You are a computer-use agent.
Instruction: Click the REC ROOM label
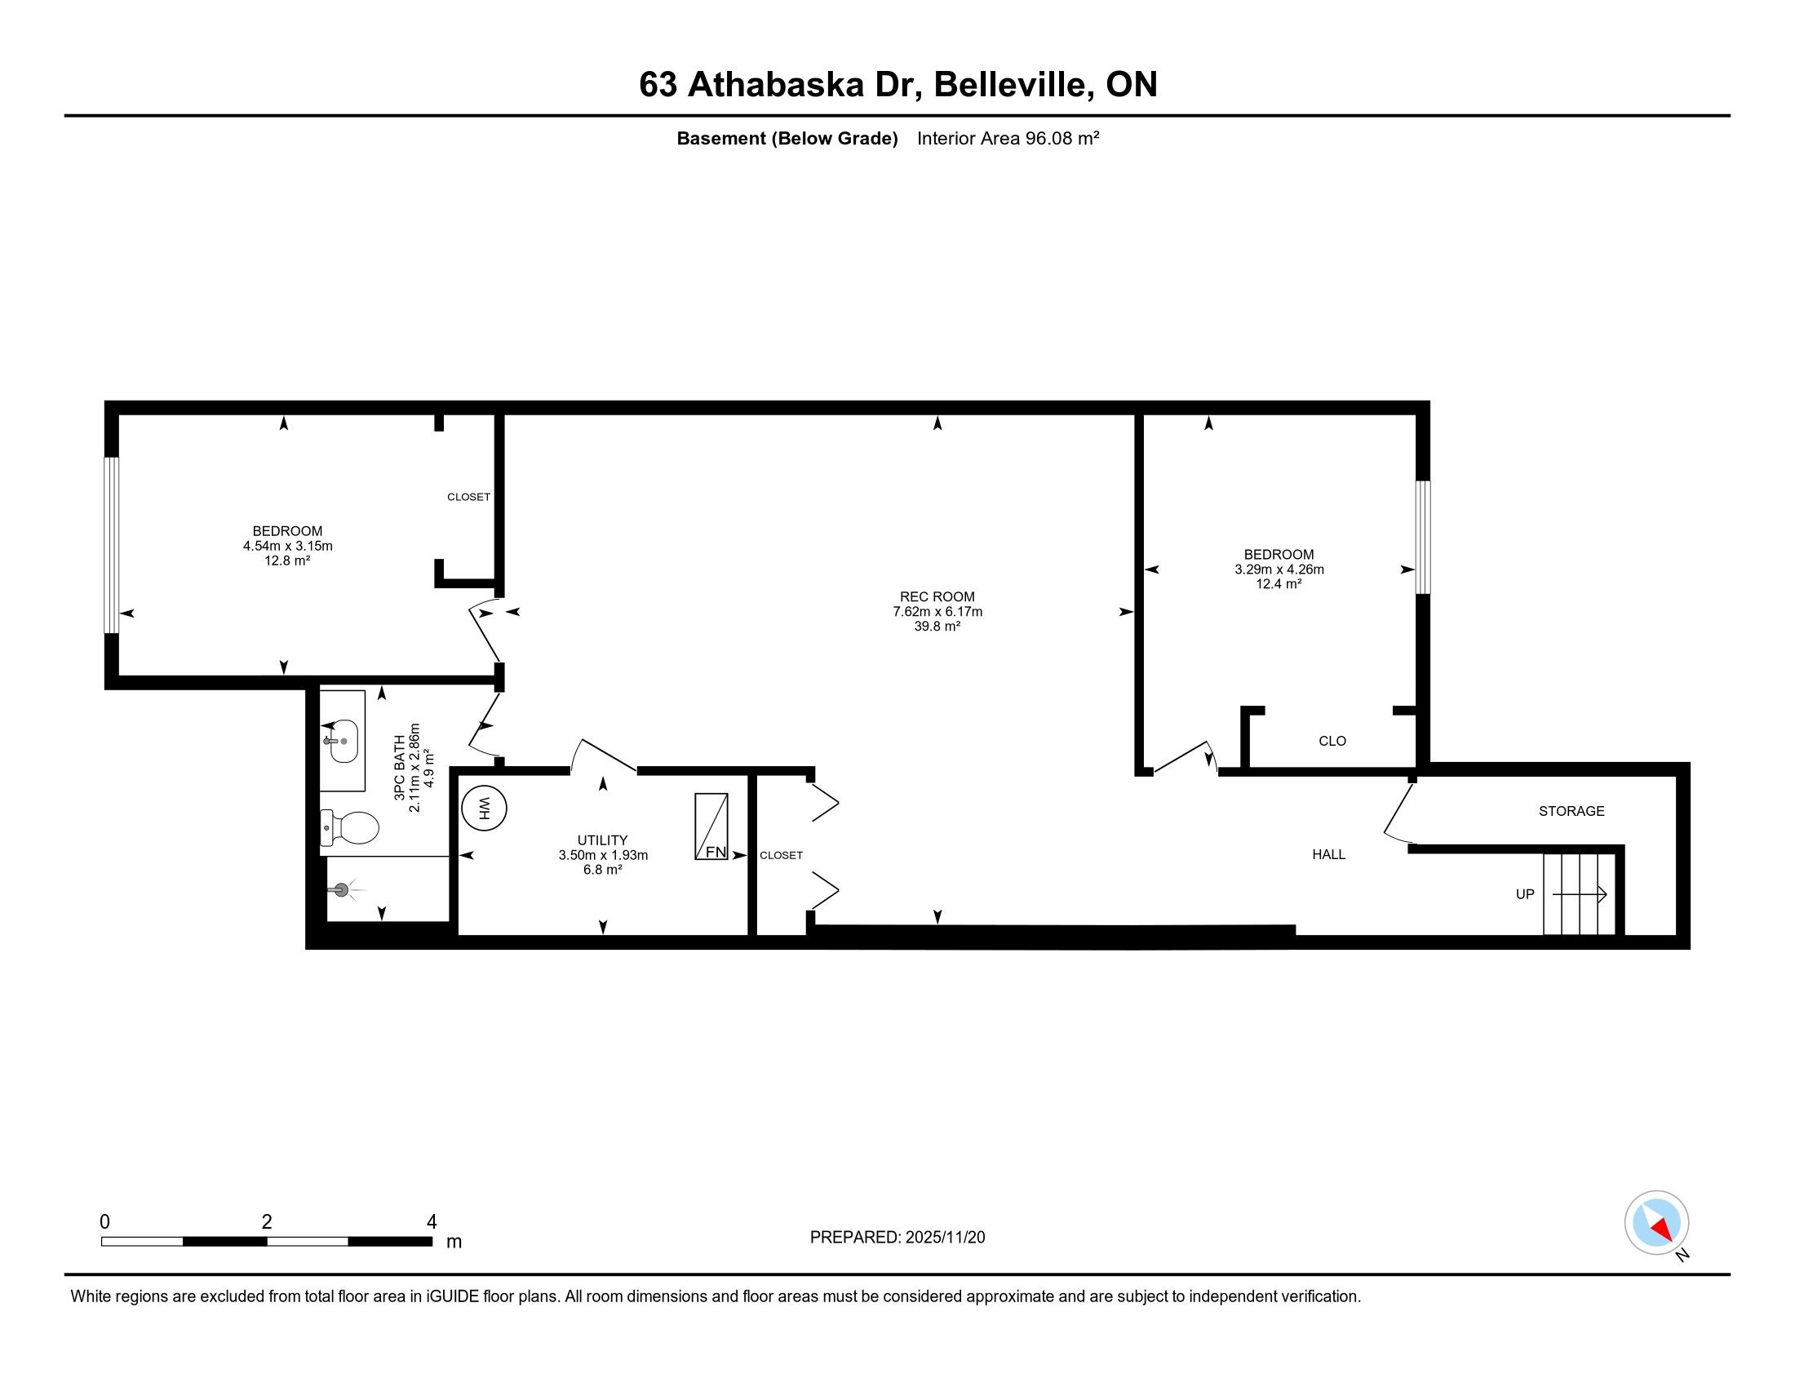tap(937, 596)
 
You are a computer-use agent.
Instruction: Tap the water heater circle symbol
tap(484, 808)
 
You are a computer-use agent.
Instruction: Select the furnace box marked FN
tap(711, 826)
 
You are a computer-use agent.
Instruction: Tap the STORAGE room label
tap(1571, 811)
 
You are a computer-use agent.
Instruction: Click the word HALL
tap(1329, 854)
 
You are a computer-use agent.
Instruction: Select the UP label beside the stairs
tap(1525, 894)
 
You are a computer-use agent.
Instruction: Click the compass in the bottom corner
tap(1657, 1223)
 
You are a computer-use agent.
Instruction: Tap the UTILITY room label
tap(602, 840)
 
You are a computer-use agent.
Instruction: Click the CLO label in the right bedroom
tap(1332, 741)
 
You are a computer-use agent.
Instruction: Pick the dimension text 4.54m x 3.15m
tap(288, 546)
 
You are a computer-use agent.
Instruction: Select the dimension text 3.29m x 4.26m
tap(1279, 569)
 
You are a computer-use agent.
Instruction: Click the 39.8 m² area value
tap(937, 626)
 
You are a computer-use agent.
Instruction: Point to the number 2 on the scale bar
tap(267, 1222)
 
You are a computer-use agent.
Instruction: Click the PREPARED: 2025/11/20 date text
tap(897, 1238)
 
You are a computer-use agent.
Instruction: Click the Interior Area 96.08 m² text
tap(1008, 138)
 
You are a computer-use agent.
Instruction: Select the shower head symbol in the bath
tap(341, 889)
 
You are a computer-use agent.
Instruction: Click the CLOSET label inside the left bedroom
tap(468, 497)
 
